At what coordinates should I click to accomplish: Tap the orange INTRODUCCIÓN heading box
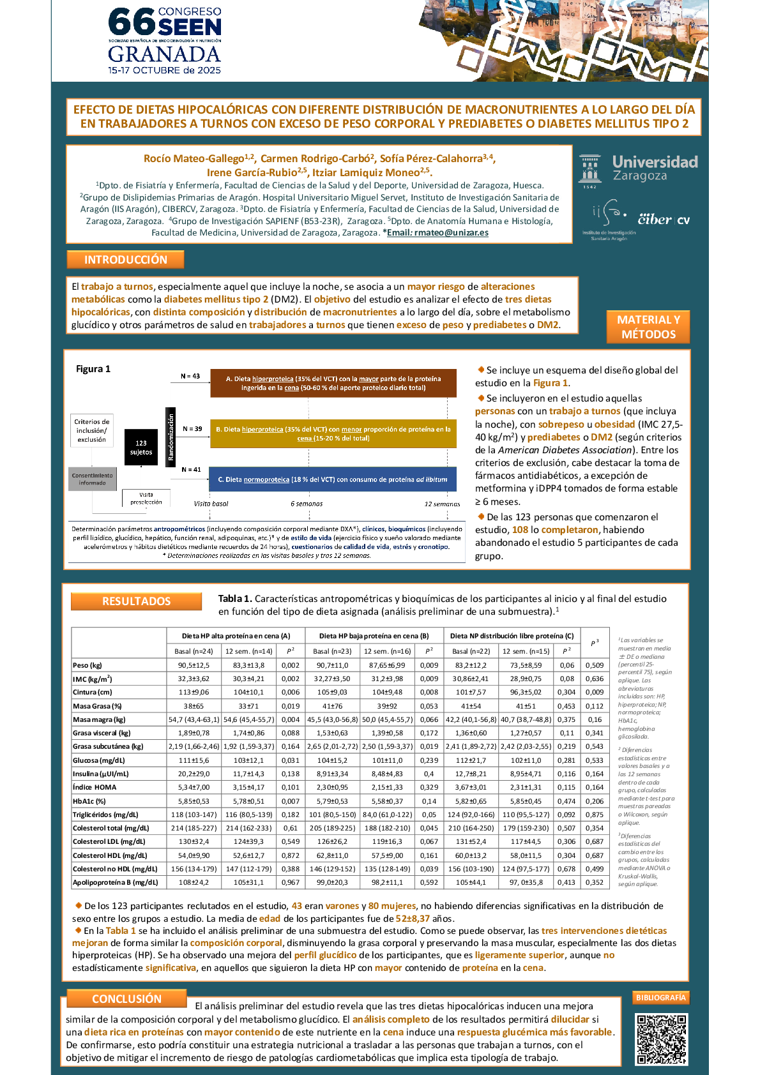tap(125, 260)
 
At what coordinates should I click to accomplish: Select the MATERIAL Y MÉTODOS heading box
tap(648, 327)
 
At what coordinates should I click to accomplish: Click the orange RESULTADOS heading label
tap(136, 601)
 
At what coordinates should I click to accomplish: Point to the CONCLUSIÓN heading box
tap(126, 998)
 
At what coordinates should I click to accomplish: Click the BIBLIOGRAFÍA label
tap(661, 997)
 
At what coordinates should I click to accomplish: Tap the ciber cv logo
tap(664, 220)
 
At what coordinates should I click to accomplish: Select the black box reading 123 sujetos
tap(141, 447)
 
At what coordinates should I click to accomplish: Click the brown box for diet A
tap(333, 383)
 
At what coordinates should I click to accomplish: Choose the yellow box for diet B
tap(333, 433)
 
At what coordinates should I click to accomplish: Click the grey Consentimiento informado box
tap(93, 479)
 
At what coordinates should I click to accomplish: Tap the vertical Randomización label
tap(171, 437)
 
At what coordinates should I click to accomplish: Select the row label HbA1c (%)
tap(89, 801)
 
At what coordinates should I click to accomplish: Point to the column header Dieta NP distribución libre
tap(512, 636)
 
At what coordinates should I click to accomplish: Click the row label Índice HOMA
tap(95, 787)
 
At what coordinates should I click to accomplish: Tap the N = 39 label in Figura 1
tap(192, 429)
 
